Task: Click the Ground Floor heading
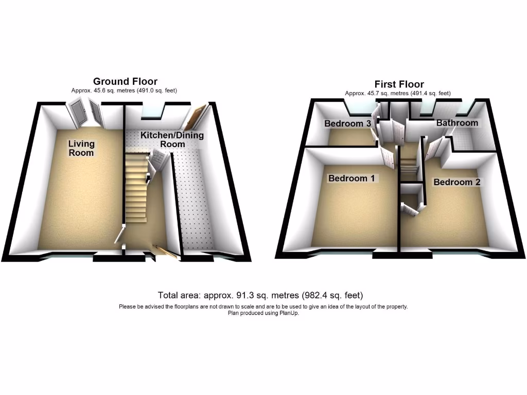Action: [125, 81]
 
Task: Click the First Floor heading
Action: [399, 84]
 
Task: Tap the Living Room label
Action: [81, 148]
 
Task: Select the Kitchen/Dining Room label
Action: [172, 139]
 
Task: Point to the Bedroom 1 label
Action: [352, 178]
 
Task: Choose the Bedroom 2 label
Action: [457, 182]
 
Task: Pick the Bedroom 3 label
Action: [347, 123]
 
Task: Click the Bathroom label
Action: [457, 123]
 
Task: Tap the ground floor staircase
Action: [136, 186]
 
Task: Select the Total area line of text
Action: [260, 295]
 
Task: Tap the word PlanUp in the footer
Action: [289, 313]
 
